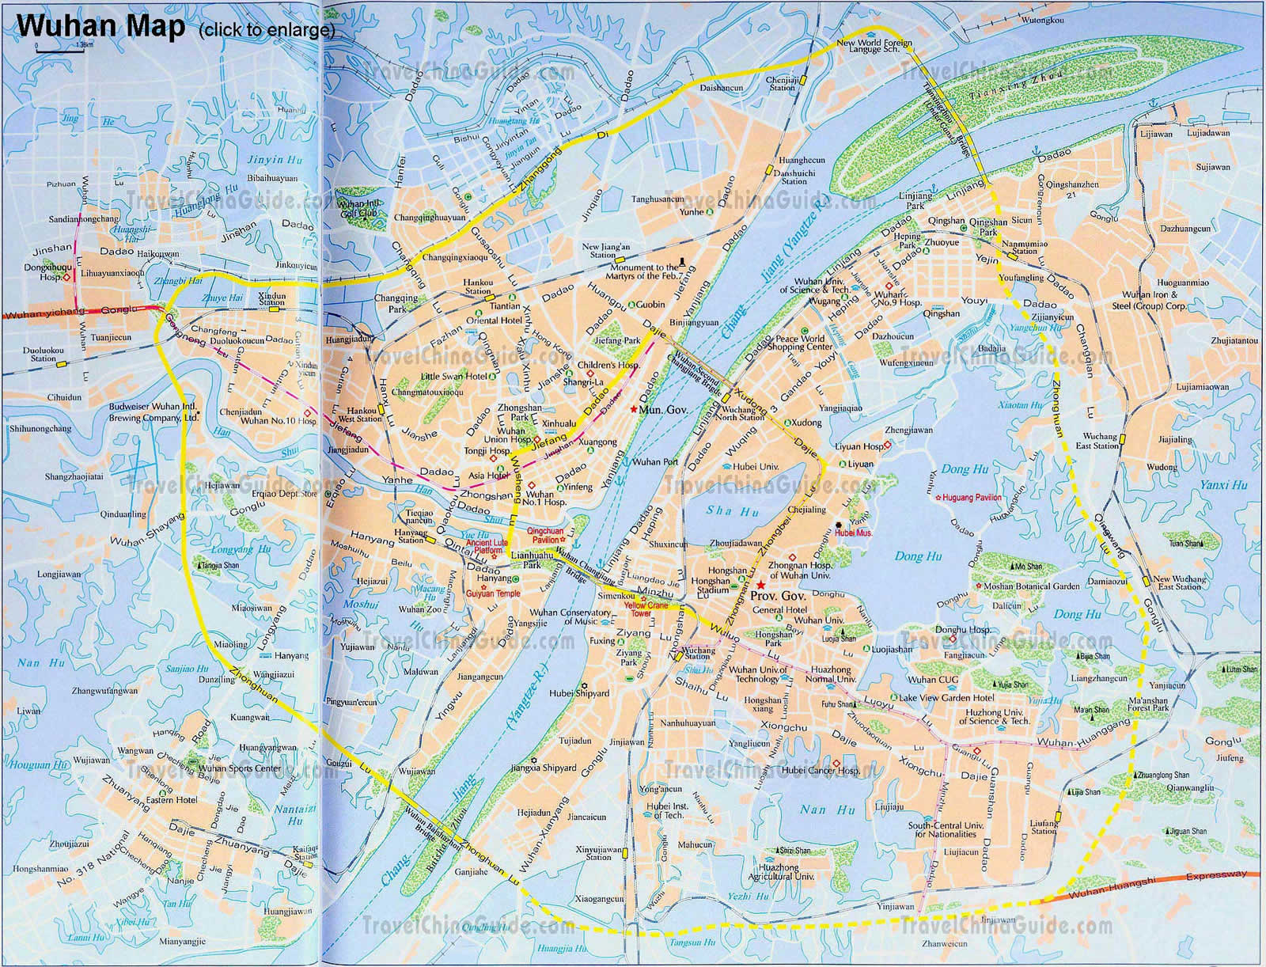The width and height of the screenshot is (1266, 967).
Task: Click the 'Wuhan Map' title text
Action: pyautogui.click(x=100, y=26)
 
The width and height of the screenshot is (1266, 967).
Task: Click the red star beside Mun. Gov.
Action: pyautogui.click(x=634, y=409)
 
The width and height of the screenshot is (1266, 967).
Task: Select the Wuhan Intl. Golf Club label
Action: pyautogui.click(x=358, y=208)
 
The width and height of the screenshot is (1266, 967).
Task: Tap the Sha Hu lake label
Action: pyautogui.click(x=720, y=510)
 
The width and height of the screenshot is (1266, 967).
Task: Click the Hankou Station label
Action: pyautogui.click(x=478, y=286)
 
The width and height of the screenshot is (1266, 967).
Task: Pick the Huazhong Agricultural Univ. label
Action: pyautogui.click(x=779, y=872)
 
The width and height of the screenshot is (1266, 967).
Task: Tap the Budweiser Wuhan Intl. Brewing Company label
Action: pyautogui.click(x=154, y=413)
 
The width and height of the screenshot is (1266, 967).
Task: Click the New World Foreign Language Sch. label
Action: pyautogui.click(x=874, y=46)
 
